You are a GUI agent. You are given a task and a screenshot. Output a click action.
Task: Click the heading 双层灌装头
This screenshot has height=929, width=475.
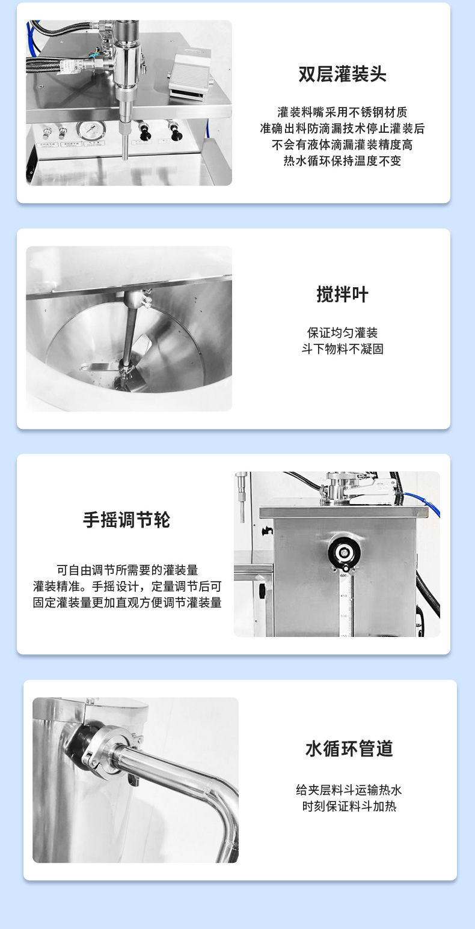coord(342,74)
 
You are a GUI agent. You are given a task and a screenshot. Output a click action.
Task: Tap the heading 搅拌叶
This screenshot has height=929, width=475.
coord(342,294)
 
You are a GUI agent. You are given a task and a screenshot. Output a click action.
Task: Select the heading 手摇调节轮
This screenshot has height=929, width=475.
coord(126,520)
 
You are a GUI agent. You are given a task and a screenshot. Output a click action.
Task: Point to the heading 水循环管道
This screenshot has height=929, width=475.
coord(349,748)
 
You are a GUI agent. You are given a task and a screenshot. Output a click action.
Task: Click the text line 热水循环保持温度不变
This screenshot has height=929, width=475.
coord(342,161)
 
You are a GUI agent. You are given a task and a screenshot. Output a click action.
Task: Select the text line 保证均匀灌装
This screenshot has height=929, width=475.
coord(342,333)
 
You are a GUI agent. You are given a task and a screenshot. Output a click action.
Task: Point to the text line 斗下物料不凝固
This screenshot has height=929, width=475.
coord(342,349)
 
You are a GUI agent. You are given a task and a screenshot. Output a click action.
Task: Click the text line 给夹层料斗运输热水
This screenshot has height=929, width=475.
coord(349,790)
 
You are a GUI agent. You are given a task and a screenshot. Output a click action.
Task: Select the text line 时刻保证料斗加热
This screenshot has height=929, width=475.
coord(349,806)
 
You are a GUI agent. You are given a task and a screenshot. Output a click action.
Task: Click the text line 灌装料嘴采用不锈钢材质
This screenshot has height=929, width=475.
coord(342,112)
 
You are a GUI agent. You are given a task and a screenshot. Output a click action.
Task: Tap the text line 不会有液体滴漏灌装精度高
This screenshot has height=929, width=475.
coord(342,145)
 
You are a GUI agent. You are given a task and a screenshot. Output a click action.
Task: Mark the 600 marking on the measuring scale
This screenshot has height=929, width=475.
coord(344,576)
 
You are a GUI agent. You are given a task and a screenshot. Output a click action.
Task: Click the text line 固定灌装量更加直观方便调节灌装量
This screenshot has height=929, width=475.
coord(127,603)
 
